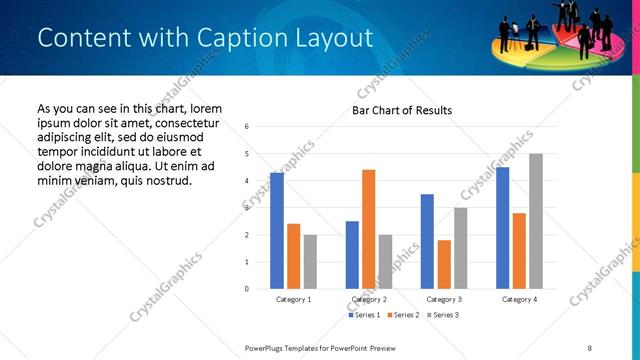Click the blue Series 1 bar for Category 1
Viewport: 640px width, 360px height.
[x=277, y=231]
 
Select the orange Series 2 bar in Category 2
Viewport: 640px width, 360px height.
[x=368, y=229]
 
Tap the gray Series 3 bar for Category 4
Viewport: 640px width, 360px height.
[x=536, y=221]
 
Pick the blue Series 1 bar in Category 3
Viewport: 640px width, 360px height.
[x=427, y=241]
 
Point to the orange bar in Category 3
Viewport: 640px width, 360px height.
[x=444, y=264]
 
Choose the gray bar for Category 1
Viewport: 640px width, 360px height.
[x=311, y=262]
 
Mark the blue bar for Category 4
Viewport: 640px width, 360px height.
[x=502, y=228]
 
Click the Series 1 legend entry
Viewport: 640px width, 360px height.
[x=363, y=315]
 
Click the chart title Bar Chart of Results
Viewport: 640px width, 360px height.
[x=402, y=110]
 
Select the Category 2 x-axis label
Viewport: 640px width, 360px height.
[x=368, y=299]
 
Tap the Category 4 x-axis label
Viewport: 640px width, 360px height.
[x=519, y=299]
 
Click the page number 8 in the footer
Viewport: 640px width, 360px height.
[x=590, y=347]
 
